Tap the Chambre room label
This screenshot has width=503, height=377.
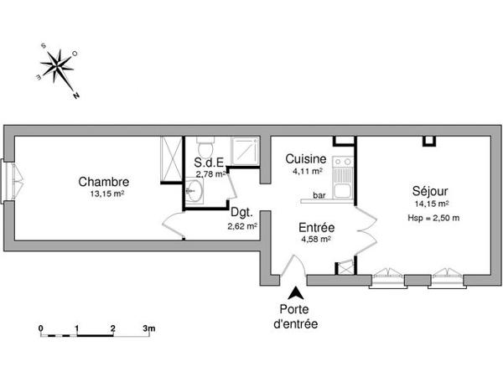point(103,182)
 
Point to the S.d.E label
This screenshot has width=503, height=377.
point(210,163)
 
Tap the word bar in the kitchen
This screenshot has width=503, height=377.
point(319,196)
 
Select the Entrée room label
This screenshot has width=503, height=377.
point(317,227)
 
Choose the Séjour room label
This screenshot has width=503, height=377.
point(428,190)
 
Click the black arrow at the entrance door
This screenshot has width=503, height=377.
point(295,293)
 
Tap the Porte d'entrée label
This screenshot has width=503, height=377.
point(295,316)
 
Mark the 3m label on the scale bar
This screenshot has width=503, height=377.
point(148,328)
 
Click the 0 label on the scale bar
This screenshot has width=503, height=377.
point(40,328)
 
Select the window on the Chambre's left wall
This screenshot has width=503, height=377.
point(12,182)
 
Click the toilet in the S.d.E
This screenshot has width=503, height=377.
point(204,145)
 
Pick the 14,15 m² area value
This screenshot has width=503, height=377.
point(431,204)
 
